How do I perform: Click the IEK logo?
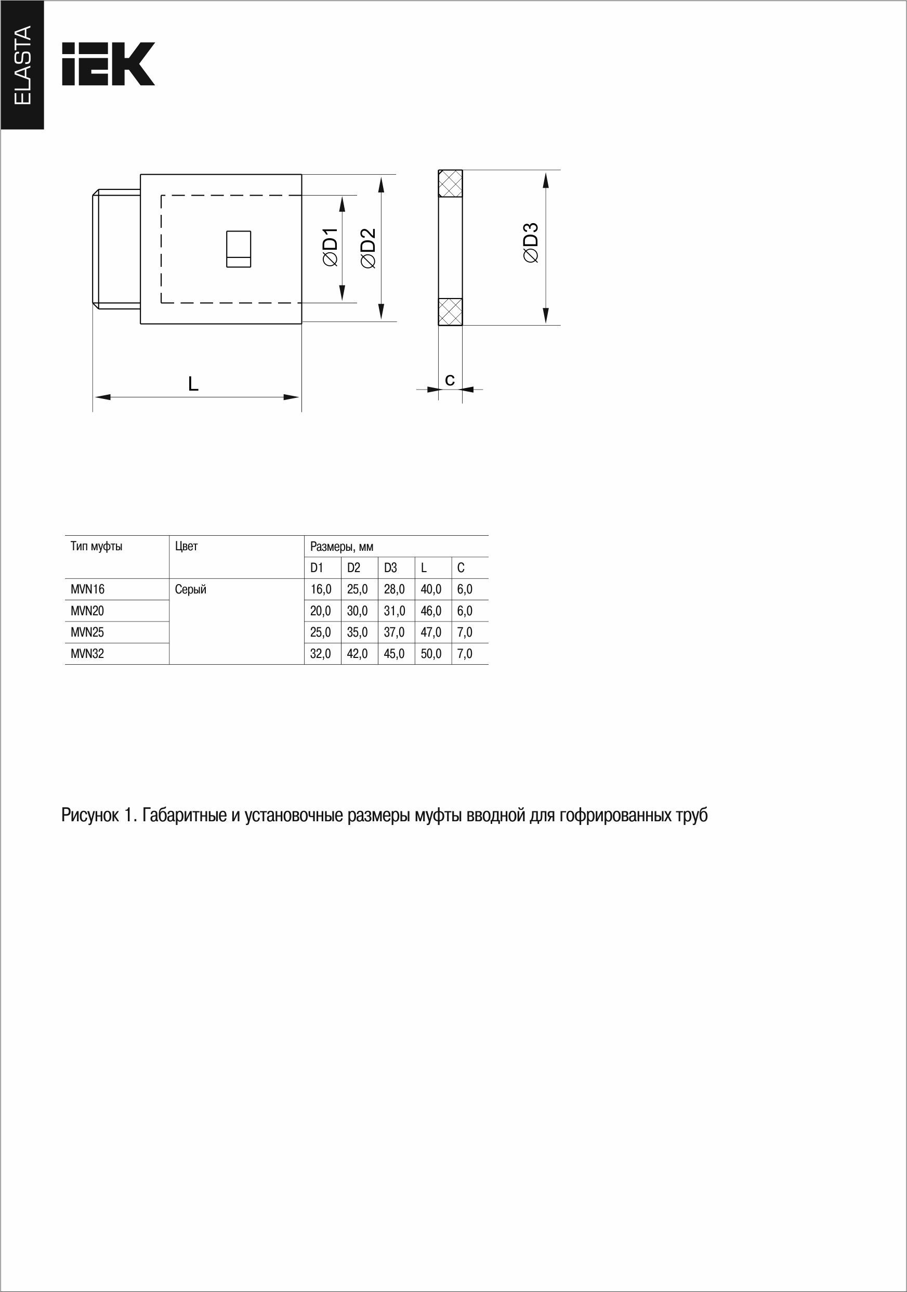click(108, 63)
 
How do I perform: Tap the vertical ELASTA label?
click(22, 64)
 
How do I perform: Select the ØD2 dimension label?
click(368, 248)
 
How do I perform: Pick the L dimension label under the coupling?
click(193, 384)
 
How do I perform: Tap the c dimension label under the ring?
click(450, 380)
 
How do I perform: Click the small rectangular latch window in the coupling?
click(239, 249)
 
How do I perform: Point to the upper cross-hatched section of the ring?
click(451, 184)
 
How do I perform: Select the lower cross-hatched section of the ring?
click(451, 312)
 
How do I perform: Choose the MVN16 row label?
click(88, 589)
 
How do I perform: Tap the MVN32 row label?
click(88, 653)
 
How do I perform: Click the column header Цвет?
click(186, 546)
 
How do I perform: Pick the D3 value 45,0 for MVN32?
click(394, 653)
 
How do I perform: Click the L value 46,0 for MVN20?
click(431, 611)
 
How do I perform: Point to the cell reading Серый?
click(191, 589)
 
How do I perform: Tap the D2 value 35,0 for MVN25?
click(357, 632)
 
